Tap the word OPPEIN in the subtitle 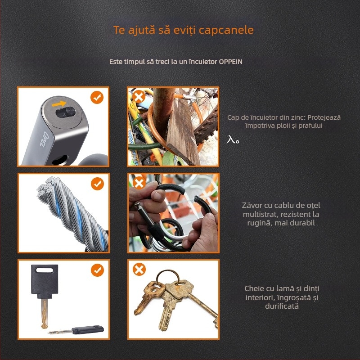230,62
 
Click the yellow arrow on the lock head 59,104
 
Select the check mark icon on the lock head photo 97,97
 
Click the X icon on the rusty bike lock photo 139,97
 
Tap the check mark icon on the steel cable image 97,184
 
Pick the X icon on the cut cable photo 139,183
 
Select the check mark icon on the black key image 97,270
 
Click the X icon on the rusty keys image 139,269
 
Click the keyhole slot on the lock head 66,112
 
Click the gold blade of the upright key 44,313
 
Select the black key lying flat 76,330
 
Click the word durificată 282,306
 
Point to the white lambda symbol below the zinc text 233,139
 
